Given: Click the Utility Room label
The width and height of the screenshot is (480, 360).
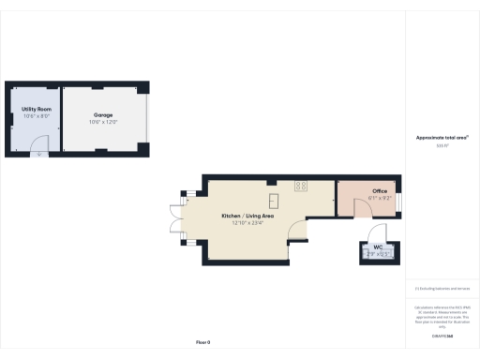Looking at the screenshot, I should coord(36,110).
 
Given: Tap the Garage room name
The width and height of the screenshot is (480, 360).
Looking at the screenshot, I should coord(102,115).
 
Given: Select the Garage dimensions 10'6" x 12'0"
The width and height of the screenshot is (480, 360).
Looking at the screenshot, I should coord(102,123).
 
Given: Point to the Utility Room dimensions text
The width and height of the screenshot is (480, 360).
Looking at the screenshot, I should coord(36,117).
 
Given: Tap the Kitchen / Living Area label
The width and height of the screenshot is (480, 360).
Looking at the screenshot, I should coord(243,216).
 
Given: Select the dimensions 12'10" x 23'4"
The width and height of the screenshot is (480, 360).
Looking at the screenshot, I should coord(243,223).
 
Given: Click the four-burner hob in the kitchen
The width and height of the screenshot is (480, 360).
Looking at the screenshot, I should coord(300,186).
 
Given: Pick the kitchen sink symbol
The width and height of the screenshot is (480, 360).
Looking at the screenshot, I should coord(274,199).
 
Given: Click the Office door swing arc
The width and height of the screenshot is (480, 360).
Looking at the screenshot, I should coord(376,232).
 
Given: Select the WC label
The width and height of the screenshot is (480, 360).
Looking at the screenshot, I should coord(378,247).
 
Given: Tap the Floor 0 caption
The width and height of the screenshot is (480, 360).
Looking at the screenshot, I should coord(202,342).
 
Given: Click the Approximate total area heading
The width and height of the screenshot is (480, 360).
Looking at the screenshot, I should coord(442,137).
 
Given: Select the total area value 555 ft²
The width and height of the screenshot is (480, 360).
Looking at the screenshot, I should coord(442,145).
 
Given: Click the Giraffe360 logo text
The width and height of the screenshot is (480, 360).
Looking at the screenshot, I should coord(442,335).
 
